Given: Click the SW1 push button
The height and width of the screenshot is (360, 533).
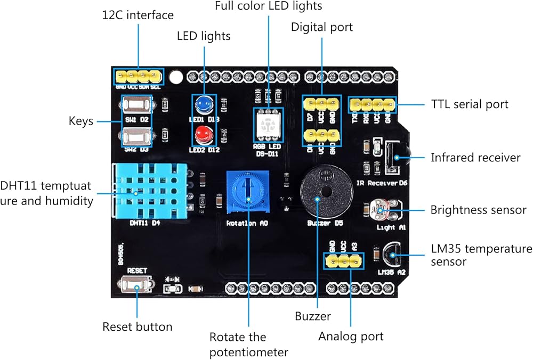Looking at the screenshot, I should [x=137, y=104].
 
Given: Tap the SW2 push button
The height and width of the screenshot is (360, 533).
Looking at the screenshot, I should [x=137, y=136].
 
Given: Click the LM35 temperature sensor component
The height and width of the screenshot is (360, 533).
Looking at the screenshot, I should [x=391, y=255].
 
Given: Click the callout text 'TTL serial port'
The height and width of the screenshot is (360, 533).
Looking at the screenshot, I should [x=470, y=104].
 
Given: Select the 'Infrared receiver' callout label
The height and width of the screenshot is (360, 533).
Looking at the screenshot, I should [x=475, y=158].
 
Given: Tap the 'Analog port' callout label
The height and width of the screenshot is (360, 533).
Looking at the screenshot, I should [x=351, y=336].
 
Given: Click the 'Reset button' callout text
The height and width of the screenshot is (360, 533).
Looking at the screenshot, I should [x=137, y=326].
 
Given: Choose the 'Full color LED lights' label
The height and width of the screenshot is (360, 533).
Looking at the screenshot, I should [x=269, y=7].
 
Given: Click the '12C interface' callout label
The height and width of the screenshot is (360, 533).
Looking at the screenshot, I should [x=138, y=14].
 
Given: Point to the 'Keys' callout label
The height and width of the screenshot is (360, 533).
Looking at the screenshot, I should [x=81, y=121].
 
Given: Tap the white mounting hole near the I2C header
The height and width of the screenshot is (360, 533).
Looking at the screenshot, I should [x=174, y=77].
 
